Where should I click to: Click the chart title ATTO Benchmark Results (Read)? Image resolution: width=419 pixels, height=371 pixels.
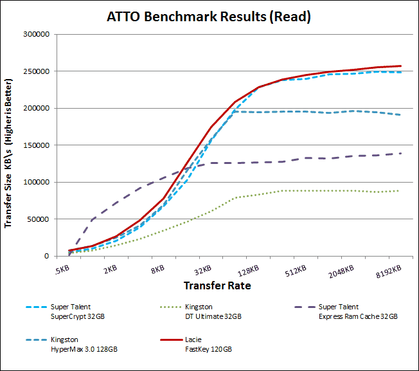click(209, 17)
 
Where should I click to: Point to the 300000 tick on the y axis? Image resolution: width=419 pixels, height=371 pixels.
click(36, 34)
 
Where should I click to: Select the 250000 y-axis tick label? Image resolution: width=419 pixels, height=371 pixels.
click(36, 71)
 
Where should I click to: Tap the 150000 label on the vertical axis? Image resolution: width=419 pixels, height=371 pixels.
click(36, 145)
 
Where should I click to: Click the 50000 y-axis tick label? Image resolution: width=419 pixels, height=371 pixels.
click(38, 219)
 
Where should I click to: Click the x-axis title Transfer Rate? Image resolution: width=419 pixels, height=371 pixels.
click(217, 284)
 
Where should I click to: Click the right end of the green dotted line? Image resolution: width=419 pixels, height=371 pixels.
click(400, 190)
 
